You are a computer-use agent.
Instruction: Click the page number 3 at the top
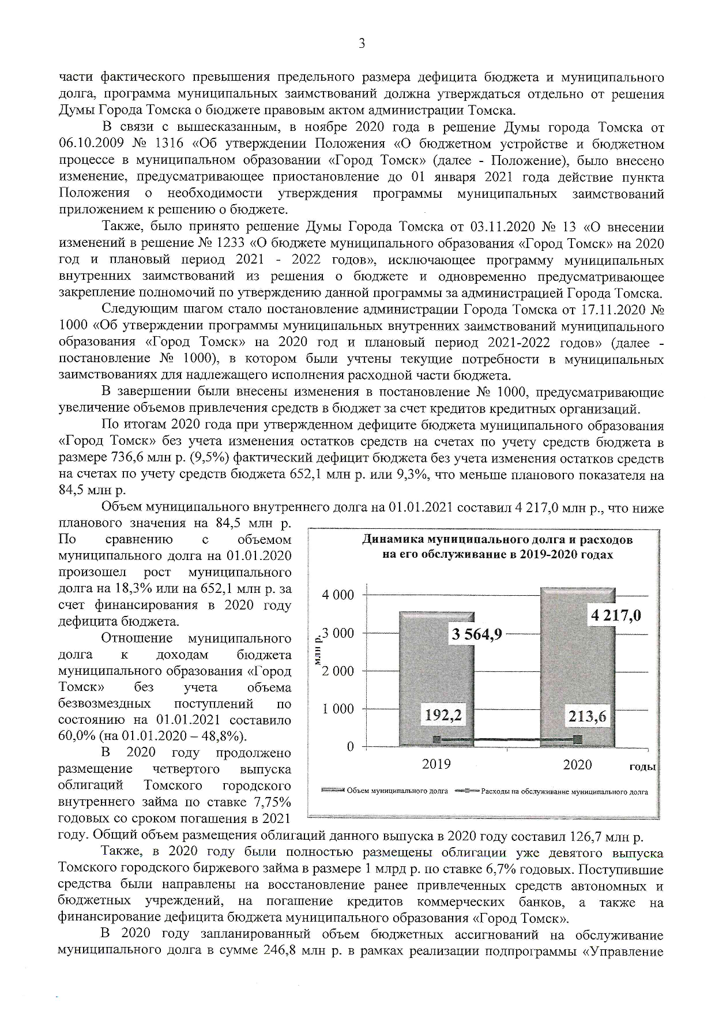pyautogui.click(x=362, y=43)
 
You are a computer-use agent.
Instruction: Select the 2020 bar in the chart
pyautogui.click(x=577, y=669)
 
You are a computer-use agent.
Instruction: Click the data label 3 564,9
pyautogui.click(x=477, y=634)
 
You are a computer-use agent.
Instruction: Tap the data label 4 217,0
pyautogui.click(x=615, y=615)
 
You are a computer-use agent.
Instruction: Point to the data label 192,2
pyautogui.click(x=443, y=715)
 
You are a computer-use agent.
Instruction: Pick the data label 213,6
pyautogui.click(x=587, y=716)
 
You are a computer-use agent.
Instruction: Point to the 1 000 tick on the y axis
pyautogui.click(x=338, y=709)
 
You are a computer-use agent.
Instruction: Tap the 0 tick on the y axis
pyautogui.click(x=349, y=747)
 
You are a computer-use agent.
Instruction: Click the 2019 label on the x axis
pyautogui.click(x=436, y=765)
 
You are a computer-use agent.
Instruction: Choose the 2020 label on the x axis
pyautogui.click(x=577, y=765)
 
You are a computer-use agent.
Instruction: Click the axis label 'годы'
pyautogui.click(x=642, y=767)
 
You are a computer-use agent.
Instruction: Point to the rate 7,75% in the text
pyautogui.click(x=272, y=802)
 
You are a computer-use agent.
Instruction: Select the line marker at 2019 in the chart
pyautogui.click(x=437, y=739)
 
